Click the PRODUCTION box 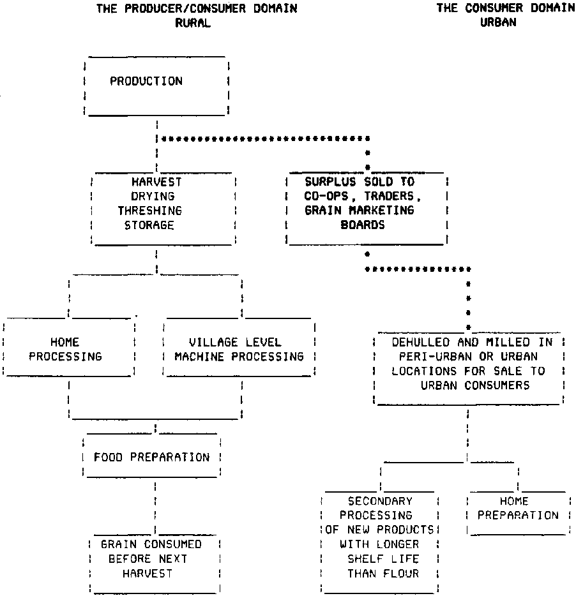pos(156,86)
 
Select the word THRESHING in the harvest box pos(149,211)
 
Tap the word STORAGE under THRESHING pos(149,225)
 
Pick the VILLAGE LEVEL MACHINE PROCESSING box pos(239,349)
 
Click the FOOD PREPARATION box pos(152,457)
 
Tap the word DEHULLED pos(418,342)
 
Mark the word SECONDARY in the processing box pos(380,502)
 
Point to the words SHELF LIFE pos(383,559)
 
